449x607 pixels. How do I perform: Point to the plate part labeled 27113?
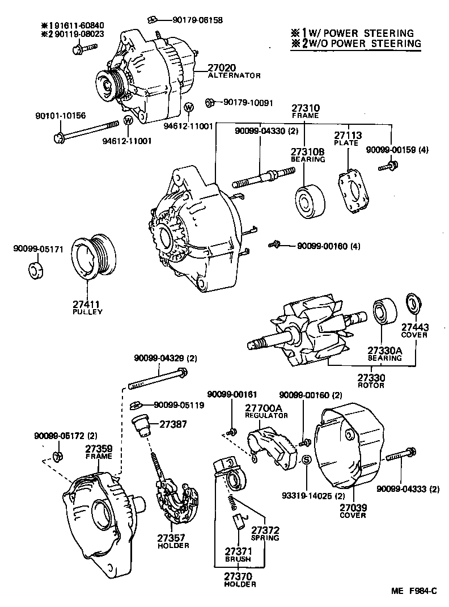(352, 192)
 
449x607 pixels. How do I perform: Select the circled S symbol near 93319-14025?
(304, 460)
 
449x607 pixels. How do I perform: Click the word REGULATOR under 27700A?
(267, 415)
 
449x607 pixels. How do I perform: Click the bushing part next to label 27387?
(140, 424)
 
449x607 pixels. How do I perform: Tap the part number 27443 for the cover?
(414, 327)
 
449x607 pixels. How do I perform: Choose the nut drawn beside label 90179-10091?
(209, 103)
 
